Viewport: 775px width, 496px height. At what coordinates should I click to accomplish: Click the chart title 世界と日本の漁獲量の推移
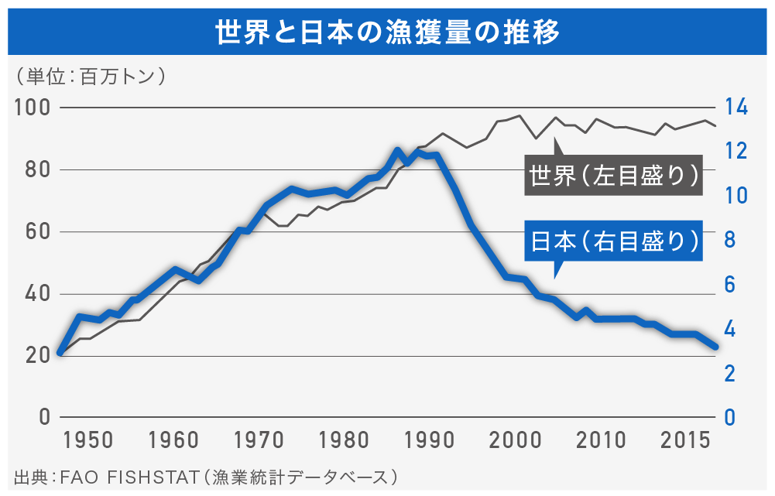click(387, 33)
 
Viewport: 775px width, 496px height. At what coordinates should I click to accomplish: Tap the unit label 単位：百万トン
click(91, 77)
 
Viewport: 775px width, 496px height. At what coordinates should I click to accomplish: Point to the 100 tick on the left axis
click(32, 108)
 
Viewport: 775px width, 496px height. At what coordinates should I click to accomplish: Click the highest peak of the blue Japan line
click(397, 150)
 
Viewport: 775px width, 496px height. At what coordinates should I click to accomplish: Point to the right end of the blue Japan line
click(715, 347)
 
